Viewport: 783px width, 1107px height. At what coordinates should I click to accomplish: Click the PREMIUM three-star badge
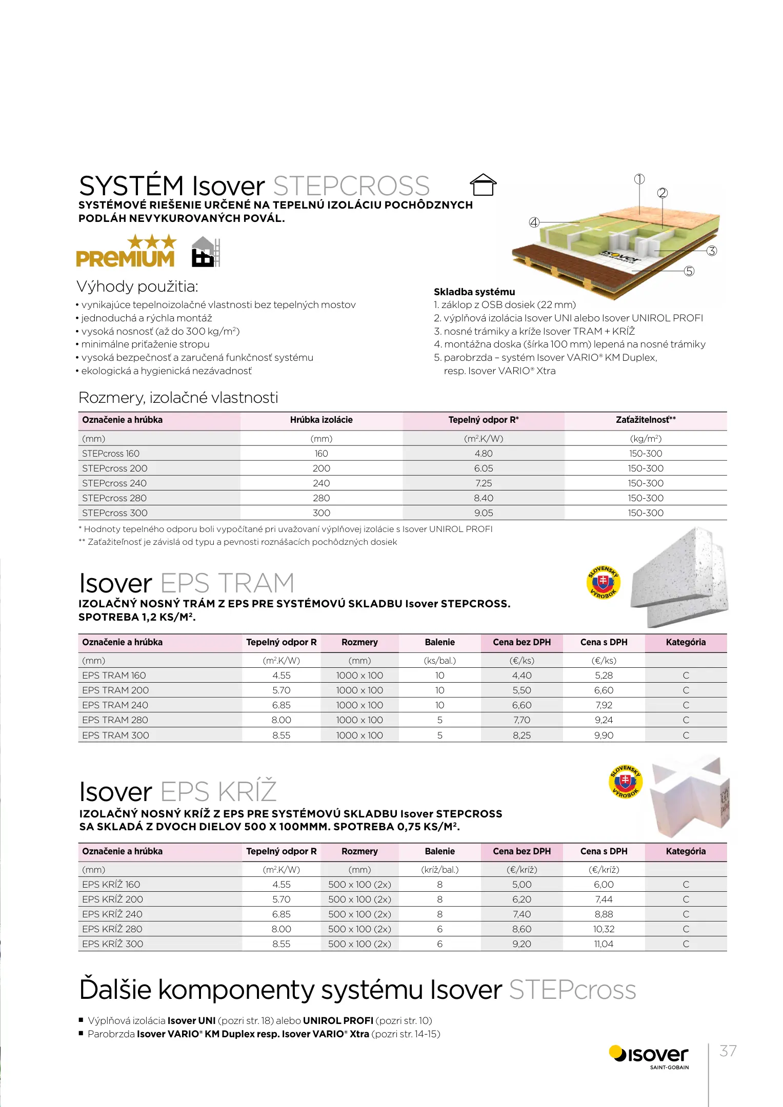126,251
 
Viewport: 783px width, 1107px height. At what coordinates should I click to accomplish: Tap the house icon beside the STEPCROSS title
483,185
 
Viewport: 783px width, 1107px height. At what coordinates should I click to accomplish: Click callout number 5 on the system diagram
689,271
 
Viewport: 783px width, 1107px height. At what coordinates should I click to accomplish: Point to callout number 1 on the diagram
639,179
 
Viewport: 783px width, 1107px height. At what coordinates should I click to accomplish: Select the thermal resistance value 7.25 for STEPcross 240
483,483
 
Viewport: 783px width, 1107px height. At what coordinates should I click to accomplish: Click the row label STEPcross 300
115,513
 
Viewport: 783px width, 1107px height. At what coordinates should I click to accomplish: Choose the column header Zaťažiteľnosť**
646,420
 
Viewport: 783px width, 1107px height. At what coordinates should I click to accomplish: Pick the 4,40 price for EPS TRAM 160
521,675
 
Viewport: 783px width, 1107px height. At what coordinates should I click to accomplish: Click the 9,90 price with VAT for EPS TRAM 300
604,735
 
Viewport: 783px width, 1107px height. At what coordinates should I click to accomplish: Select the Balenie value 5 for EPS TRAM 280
439,720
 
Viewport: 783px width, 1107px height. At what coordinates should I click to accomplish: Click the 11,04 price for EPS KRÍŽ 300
604,944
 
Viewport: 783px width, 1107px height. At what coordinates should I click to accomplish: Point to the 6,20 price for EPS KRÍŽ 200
521,899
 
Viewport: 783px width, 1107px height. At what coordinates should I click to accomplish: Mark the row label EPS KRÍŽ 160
111,885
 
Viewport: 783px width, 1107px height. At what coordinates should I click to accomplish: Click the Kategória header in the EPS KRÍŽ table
686,851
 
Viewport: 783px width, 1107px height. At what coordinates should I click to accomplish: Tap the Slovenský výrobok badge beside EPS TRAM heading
603,583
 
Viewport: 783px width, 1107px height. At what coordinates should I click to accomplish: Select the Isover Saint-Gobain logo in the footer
649,1057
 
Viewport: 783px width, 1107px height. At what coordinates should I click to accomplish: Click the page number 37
728,1051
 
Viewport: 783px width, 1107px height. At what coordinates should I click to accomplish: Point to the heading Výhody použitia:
137,286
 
